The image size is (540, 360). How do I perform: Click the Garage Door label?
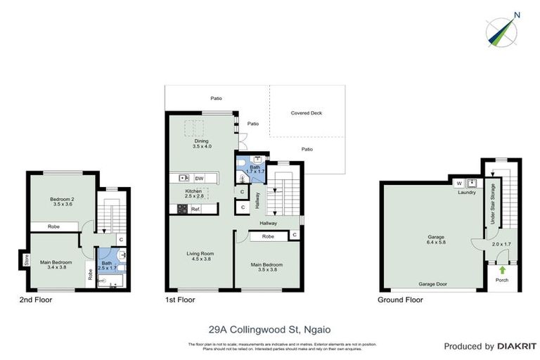coord(435,285)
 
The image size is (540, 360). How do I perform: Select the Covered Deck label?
coord(306,112)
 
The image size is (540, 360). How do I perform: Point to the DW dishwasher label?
coord(199,178)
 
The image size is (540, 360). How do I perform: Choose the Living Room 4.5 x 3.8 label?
coord(200,256)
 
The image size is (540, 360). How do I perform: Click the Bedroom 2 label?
coord(62,202)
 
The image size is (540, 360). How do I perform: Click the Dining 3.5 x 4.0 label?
coord(202,143)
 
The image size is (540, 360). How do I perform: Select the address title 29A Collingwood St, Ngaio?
coord(269,328)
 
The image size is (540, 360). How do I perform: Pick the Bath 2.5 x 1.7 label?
coord(107,266)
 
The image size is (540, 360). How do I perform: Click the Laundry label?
coord(467,193)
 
